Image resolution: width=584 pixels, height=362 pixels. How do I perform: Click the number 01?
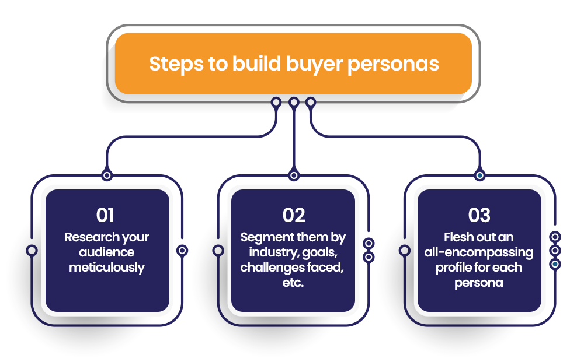click(105, 215)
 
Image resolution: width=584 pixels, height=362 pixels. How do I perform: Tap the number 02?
click(294, 215)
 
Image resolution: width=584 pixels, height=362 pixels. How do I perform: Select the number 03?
click(479, 215)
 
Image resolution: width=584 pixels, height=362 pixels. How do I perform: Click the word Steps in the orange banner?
click(176, 64)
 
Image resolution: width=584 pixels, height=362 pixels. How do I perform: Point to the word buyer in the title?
click(314, 64)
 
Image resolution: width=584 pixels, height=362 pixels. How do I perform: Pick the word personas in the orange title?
click(393, 65)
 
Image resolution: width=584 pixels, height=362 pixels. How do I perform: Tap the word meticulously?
click(107, 268)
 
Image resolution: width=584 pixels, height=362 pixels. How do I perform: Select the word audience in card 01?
click(107, 252)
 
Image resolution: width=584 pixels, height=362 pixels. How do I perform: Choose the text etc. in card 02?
click(293, 283)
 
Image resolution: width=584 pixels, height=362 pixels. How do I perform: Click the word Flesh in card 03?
click(458, 237)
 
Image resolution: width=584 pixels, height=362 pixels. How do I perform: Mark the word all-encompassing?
click(479, 253)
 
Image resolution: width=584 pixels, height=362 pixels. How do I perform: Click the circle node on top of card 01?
click(107, 175)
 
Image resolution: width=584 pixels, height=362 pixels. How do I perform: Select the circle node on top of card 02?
click(294, 175)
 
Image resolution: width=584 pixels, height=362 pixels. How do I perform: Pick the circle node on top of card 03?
click(479, 175)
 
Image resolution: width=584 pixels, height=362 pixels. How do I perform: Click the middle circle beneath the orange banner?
click(294, 102)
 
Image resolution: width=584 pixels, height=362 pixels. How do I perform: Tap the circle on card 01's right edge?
click(182, 251)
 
